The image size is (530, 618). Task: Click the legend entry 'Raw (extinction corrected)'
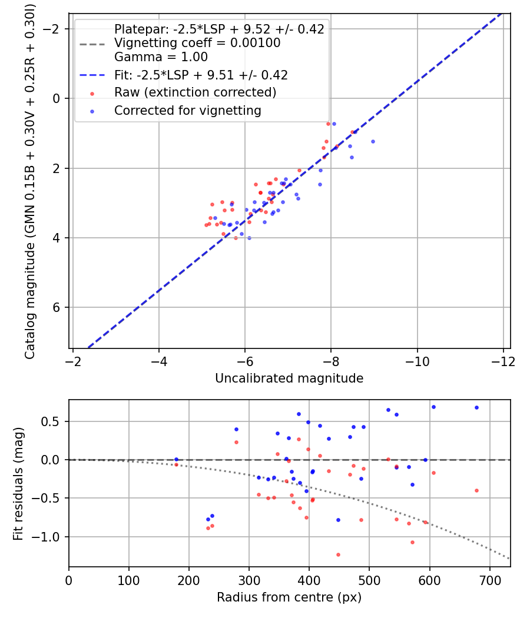pos(195,92)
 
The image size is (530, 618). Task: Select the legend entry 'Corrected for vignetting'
pos(188,111)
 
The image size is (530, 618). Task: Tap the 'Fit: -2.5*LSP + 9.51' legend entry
pos(201,75)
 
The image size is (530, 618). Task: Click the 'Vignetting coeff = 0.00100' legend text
pos(197,43)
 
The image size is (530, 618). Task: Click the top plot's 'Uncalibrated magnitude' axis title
pos(289,378)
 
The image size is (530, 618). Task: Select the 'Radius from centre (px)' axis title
pos(289,597)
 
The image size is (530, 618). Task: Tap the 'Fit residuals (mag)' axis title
pos(18,483)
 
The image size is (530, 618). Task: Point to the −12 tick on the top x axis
pos(503,360)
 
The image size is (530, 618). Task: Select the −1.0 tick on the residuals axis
pos(50,537)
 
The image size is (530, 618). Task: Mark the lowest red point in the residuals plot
pos(338,554)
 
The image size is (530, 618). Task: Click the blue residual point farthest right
pos(476,407)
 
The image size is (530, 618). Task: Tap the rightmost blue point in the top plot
pos(373,141)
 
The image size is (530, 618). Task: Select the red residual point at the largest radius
pos(476,490)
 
